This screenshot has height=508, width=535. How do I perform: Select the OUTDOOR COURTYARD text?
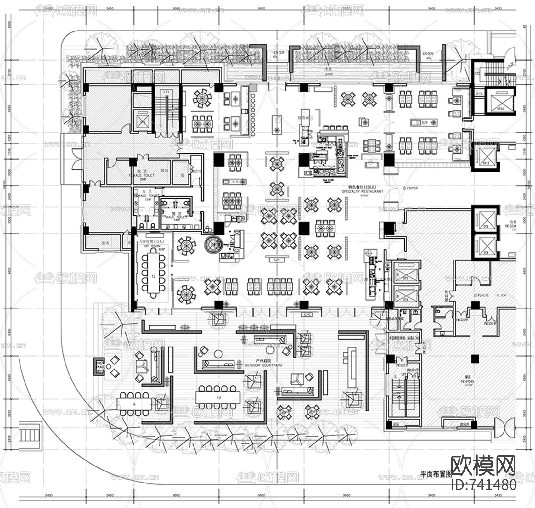pyautogui.click(x=263, y=365)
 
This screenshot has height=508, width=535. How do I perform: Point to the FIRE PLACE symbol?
pyautogui.click(x=100, y=366)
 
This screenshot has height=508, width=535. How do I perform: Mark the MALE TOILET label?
pyautogui.click(x=176, y=217)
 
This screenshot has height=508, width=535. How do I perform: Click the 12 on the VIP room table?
pyautogui.click(x=153, y=276)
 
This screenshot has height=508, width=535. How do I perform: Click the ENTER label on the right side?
pyautogui.click(x=412, y=188)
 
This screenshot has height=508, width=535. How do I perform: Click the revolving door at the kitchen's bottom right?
pyautogui.click(x=503, y=428)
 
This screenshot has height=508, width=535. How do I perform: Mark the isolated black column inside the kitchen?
pyautogui.click(x=475, y=358)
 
